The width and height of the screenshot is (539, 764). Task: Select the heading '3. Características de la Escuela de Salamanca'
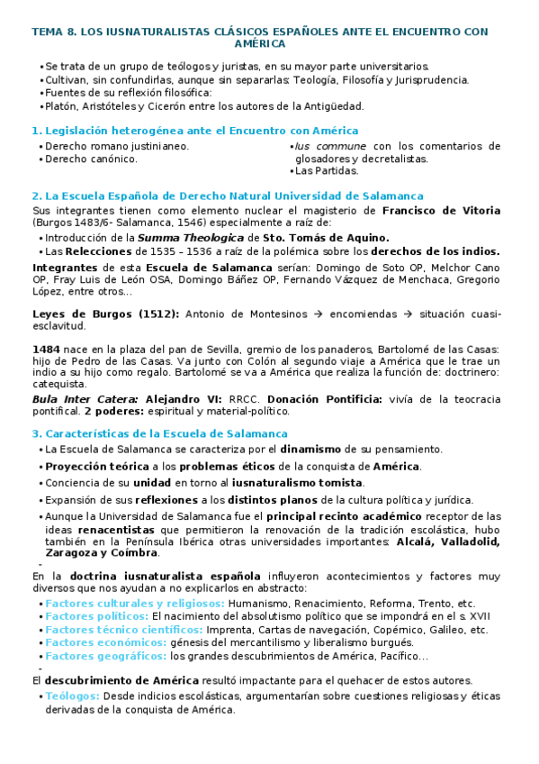(x=159, y=433)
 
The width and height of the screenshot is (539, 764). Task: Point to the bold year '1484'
(x=46, y=349)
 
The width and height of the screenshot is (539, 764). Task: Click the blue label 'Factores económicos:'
(x=104, y=642)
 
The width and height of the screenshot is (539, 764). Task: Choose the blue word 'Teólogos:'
(x=72, y=696)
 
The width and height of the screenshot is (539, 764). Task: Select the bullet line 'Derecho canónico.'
(x=91, y=158)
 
